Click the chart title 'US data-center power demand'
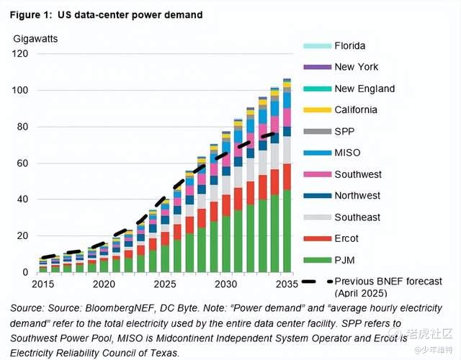click(x=132, y=14)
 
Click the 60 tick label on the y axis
click(x=22, y=163)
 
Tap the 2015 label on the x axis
click(x=42, y=285)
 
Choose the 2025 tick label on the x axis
click(x=164, y=285)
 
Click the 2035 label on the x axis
click(x=287, y=285)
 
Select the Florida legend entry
click(x=350, y=46)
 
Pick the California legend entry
click(x=356, y=110)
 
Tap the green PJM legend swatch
click(x=315, y=260)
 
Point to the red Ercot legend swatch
click(x=315, y=238)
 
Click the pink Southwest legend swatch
click(x=315, y=174)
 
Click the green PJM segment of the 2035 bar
click(x=287, y=230)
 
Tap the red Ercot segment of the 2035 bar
click(x=287, y=176)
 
